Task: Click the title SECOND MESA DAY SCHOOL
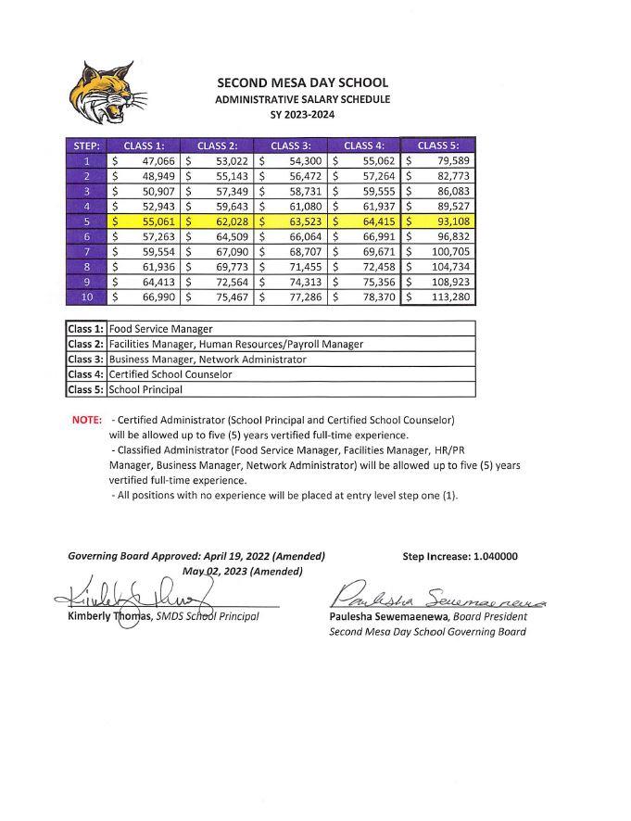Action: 302,82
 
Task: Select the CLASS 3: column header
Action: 290,145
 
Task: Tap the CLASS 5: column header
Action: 437,145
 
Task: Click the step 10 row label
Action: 85,297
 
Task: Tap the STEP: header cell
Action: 85,145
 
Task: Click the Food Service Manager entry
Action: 160,328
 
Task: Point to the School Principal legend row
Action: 145,390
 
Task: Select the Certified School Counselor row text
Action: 170,374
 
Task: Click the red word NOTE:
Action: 86,420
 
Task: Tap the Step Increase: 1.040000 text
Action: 460,557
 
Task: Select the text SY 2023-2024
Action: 302,115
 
